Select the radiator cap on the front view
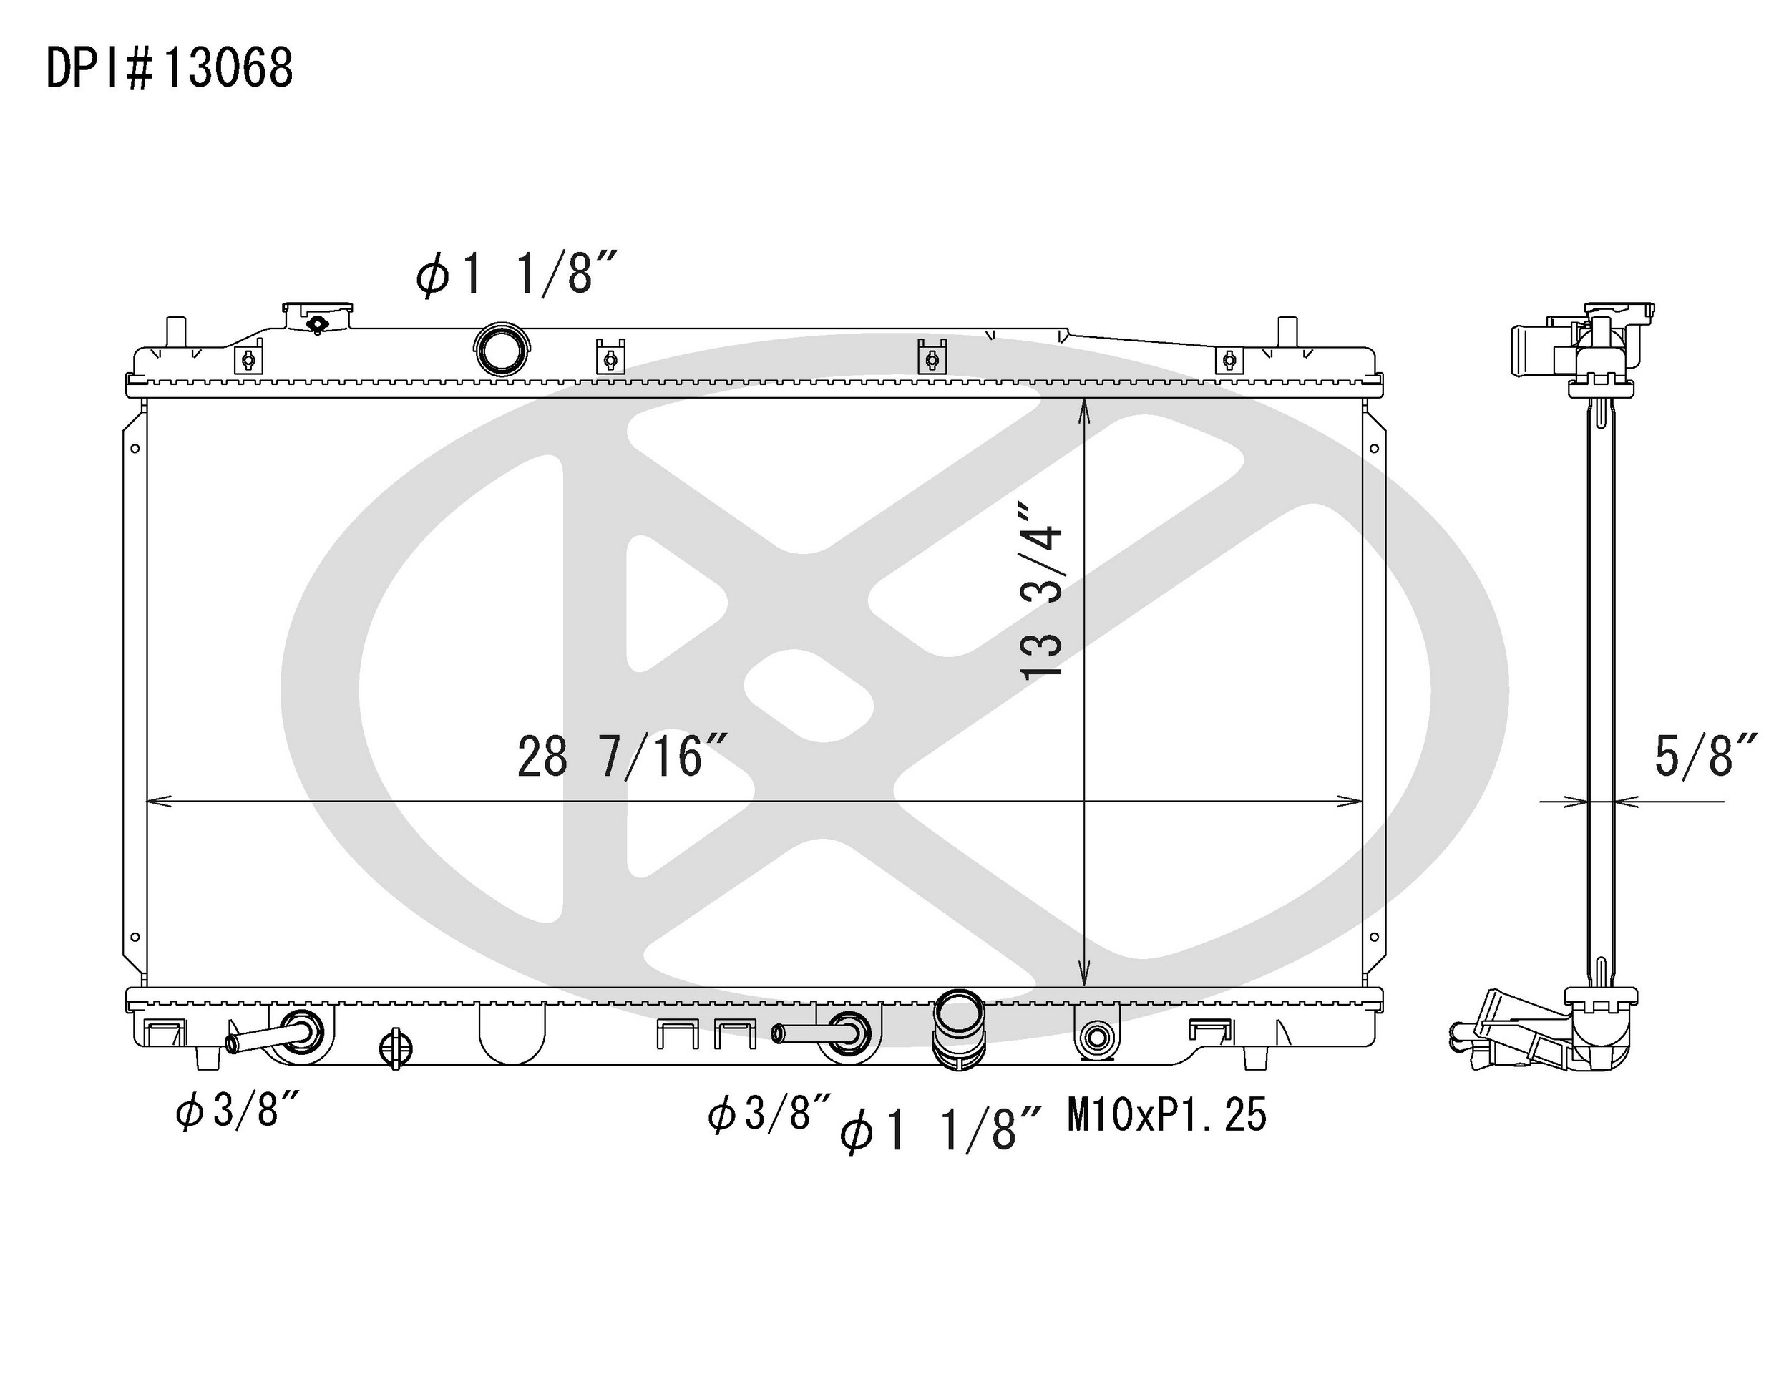[x=318, y=316]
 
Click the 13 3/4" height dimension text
[x=1041, y=590]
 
